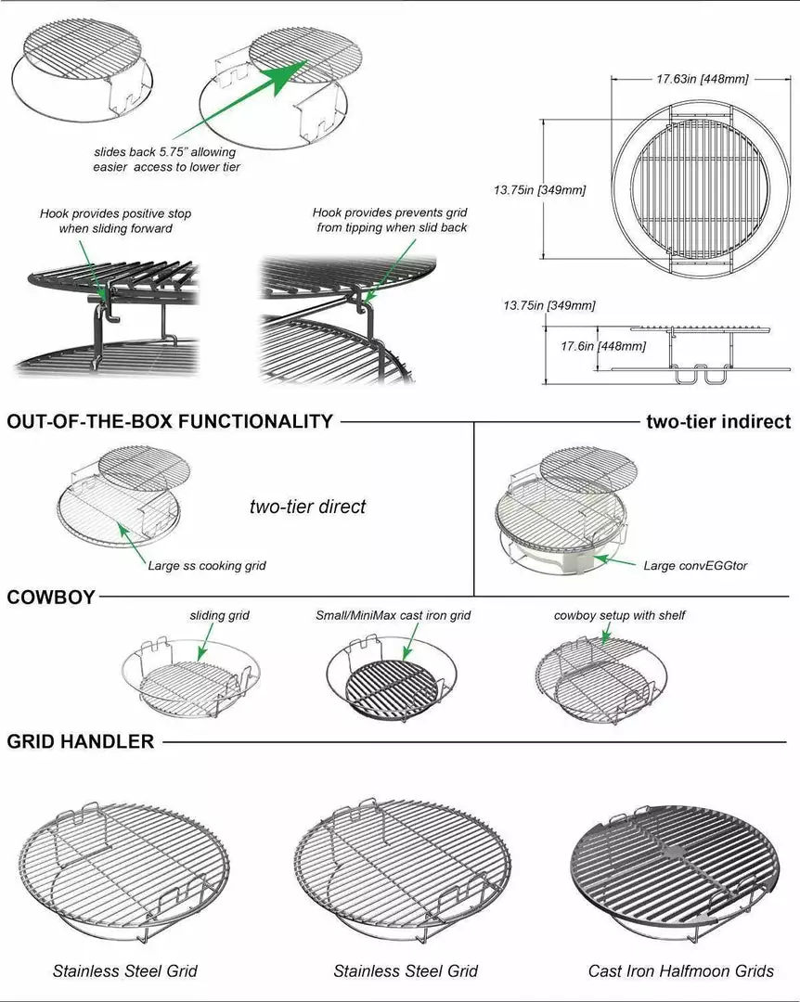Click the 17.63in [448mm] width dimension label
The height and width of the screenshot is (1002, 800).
(x=702, y=79)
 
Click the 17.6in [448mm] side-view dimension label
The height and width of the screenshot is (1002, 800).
(x=603, y=346)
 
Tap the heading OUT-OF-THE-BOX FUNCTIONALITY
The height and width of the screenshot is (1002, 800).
(x=170, y=422)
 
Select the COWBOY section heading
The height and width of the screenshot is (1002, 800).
(x=50, y=597)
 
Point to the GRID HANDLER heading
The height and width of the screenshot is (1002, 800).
(x=81, y=741)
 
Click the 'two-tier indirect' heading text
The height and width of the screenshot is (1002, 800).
(x=718, y=422)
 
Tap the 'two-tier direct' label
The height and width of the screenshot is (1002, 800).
(x=307, y=507)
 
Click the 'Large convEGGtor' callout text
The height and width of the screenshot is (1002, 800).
(x=695, y=566)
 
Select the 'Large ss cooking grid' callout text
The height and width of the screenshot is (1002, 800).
(x=207, y=566)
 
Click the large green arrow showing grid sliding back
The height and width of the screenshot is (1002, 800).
(x=239, y=102)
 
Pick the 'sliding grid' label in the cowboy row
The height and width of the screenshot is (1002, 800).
(x=219, y=615)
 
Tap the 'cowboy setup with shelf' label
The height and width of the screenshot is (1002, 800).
(x=619, y=615)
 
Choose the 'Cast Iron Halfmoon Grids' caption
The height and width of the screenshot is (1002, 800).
(x=680, y=971)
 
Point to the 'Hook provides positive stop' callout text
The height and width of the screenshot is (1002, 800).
(x=116, y=213)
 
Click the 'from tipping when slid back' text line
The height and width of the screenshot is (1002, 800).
(x=392, y=227)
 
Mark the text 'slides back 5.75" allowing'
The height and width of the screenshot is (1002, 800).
(x=165, y=152)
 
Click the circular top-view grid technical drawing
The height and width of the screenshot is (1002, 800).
(x=701, y=188)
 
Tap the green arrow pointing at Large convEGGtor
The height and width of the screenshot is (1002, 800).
(x=615, y=561)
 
